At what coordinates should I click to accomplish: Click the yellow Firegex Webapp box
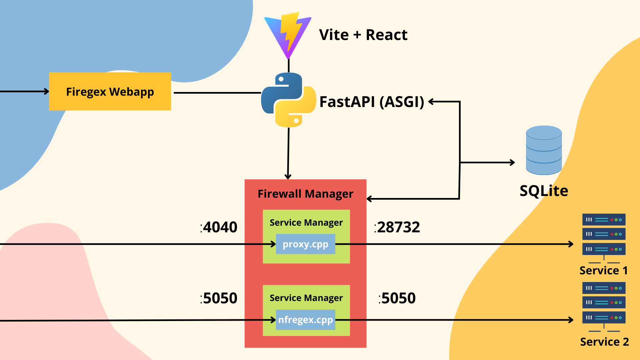[110, 91]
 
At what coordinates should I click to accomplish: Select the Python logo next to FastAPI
[288, 100]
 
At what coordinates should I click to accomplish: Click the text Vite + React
[363, 35]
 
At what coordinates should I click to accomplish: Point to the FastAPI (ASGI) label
[371, 102]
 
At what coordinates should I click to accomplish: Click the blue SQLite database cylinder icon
[544, 150]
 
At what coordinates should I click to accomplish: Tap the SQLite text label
[544, 191]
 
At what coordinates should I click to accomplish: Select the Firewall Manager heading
[305, 194]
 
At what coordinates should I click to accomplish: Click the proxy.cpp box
[305, 244]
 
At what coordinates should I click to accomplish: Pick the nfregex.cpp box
[305, 320]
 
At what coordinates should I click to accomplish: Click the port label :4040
[219, 227]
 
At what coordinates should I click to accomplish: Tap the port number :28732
[397, 227]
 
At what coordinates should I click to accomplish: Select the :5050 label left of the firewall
[219, 298]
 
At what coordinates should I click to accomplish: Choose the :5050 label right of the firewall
[397, 298]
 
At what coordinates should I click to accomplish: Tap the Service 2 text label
[604, 342]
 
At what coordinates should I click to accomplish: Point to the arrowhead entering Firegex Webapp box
[46, 91]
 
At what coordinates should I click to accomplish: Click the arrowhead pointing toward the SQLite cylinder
[512, 163]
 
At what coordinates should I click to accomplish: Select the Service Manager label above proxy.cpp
[306, 222]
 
